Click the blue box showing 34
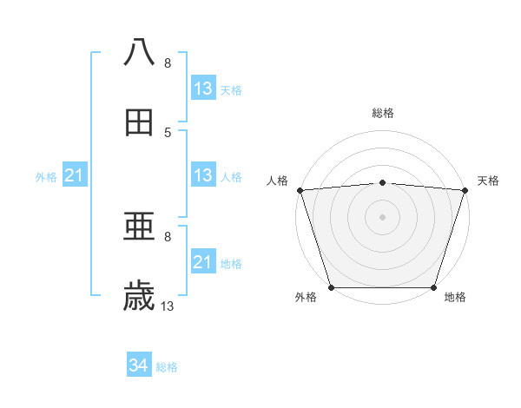139,366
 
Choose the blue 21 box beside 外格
75,176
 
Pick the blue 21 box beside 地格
202,262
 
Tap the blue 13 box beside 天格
202,89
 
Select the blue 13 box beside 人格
202,175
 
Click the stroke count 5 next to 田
168,132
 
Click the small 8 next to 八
168,63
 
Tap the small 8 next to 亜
168,236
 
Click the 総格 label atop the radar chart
383,113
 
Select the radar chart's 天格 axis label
488,181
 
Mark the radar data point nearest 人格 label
300,190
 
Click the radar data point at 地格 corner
434,287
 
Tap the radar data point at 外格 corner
331,287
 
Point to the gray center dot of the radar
382,216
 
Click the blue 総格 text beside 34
167,367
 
